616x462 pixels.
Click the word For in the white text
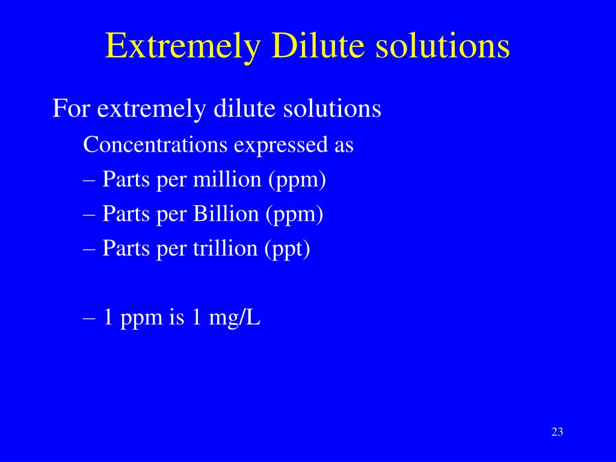click(72, 109)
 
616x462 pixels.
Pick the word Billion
click(226, 214)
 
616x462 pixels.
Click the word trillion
click(224, 248)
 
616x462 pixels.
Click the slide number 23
click(556, 432)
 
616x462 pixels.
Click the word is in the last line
click(176, 318)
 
